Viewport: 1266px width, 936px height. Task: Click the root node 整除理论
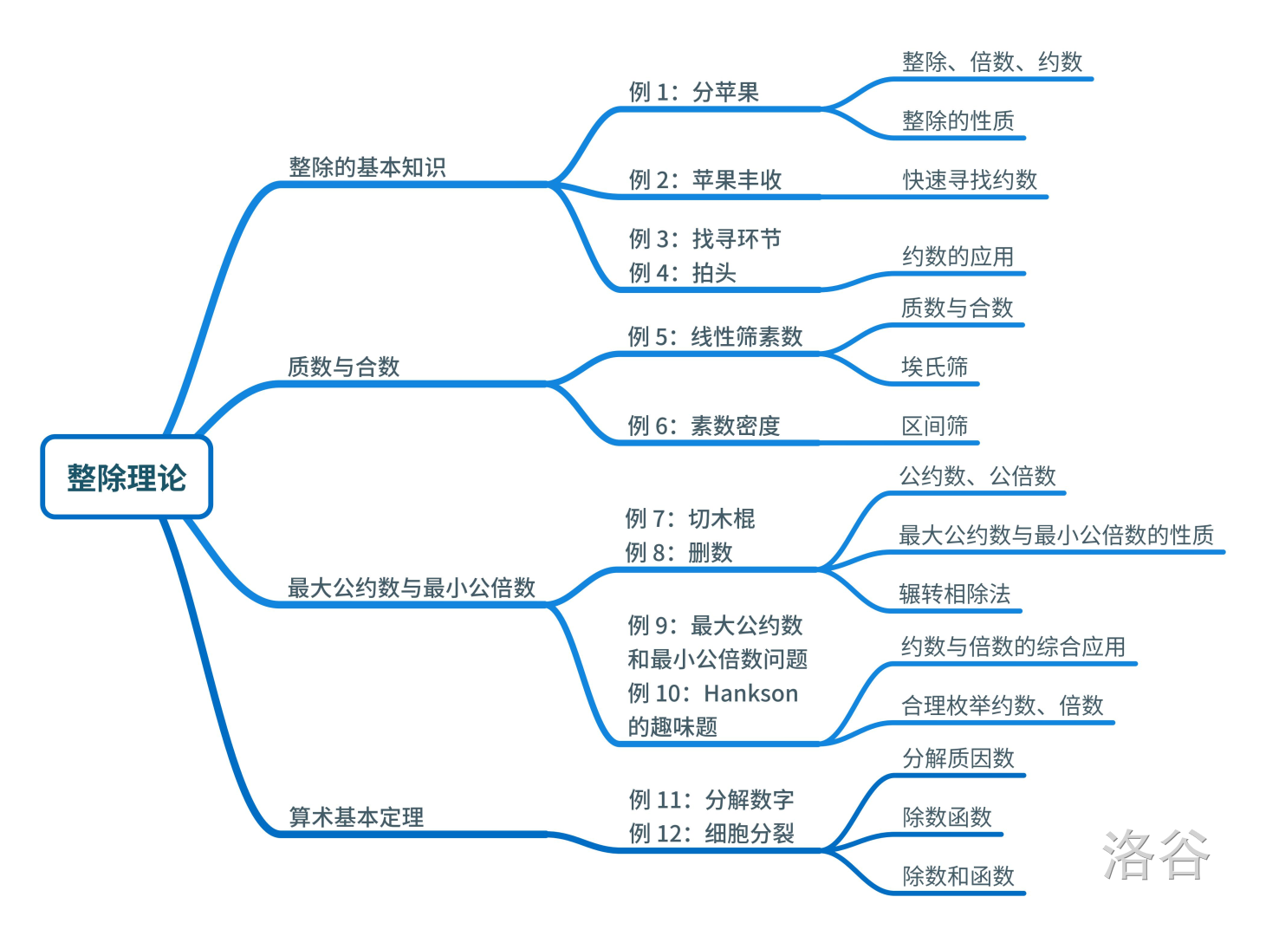(127, 478)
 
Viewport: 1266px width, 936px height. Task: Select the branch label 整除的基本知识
(367, 167)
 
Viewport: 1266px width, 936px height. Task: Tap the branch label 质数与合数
(343, 367)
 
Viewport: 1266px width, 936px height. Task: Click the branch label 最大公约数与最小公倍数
(411, 588)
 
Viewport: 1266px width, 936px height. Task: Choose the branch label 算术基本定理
(355, 816)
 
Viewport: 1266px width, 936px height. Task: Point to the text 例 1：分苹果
(693, 92)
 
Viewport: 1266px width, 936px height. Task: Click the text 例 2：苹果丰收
(704, 180)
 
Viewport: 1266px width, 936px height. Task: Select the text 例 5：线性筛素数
(715, 336)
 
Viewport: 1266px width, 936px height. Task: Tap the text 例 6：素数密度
(704, 426)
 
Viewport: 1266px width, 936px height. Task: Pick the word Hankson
(750, 693)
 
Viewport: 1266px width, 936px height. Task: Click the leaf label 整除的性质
(958, 120)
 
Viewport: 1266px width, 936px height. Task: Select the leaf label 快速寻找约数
(970, 180)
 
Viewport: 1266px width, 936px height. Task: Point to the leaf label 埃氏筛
(934, 367)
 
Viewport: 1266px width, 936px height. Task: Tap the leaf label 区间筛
(934, 426)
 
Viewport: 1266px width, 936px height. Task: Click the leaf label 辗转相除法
(954, 594)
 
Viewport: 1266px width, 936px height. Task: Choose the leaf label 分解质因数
(958, 758)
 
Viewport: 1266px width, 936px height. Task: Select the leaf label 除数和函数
(958, 876)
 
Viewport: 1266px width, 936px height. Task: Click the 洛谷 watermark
(1155, 855)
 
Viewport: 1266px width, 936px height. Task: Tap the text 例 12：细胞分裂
(711, 834)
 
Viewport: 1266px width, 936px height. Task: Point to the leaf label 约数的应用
(958, 257)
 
